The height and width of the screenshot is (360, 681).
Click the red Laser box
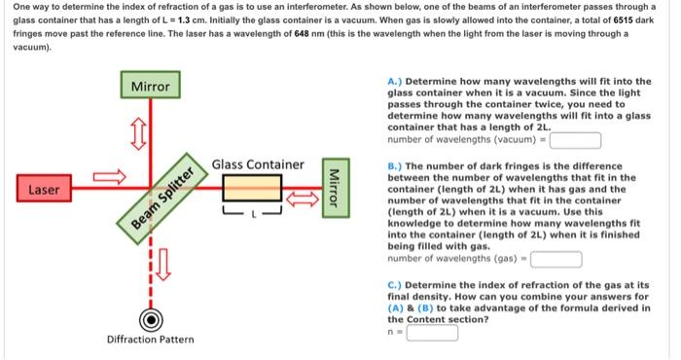(x=43, y=188)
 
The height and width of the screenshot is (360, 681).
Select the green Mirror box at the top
(x=150, y=87)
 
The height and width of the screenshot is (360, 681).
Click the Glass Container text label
(x=258, y=164)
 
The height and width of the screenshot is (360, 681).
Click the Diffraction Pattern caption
(x=150, y=340)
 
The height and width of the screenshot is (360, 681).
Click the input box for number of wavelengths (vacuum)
(x=574, y=138)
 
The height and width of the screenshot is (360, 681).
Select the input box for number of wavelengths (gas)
(x=556, y=259)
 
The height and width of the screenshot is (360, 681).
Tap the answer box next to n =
(x=432, y=333)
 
